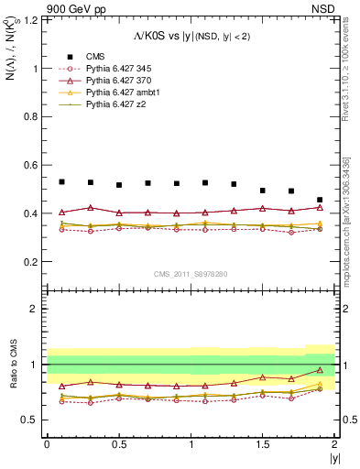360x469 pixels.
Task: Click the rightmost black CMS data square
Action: [x=320, y=200]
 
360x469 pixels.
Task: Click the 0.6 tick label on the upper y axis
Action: [x=30, y=165]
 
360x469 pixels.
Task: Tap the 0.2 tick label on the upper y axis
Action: [x=30, y=262]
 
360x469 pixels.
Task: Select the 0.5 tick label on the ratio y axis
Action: [x=30, y=420]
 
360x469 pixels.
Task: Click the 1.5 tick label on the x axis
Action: [x=262, y=444]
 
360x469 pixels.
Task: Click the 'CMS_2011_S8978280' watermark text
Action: [x=191, y=274]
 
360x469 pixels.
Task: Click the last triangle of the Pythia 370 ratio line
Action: [x=320, y=370]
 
